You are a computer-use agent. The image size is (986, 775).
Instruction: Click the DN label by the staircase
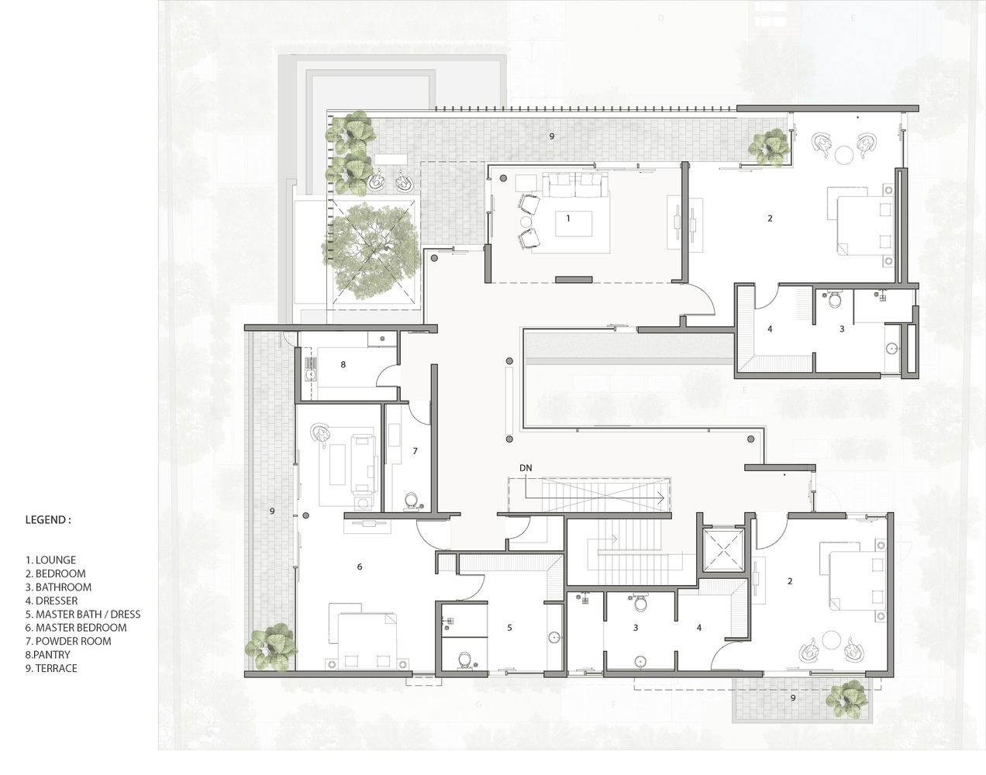(x=526, y=468)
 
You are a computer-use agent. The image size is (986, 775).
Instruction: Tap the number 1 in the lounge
(x=568, y=219)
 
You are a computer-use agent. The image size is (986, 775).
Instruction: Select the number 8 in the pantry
(x=343, y=364)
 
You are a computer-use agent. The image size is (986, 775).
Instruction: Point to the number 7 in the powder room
(x=415, y=451)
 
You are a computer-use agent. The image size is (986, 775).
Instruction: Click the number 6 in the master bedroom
(x=360, y=567)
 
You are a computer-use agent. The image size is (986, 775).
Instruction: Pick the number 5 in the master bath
(x=509, y=628)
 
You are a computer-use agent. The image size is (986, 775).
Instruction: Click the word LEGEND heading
(x=48, y=520)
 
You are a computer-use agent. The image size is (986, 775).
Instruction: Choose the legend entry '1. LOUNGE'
(x=50, y=560)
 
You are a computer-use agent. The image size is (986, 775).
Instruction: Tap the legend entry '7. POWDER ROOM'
(x=68, y=641)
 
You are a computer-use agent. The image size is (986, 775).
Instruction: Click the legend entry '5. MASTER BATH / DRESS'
(x=83, y=615)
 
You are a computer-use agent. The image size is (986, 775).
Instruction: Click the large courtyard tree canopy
(x=371, y=251)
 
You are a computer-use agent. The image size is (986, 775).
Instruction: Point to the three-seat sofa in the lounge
(x=576, y=184)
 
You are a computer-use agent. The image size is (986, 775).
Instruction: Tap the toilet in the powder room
(x=411, y=501)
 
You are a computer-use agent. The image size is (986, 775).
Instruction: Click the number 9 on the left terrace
(x=272, y=511)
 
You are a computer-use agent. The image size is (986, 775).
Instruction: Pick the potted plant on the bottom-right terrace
(x=846, y=698)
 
